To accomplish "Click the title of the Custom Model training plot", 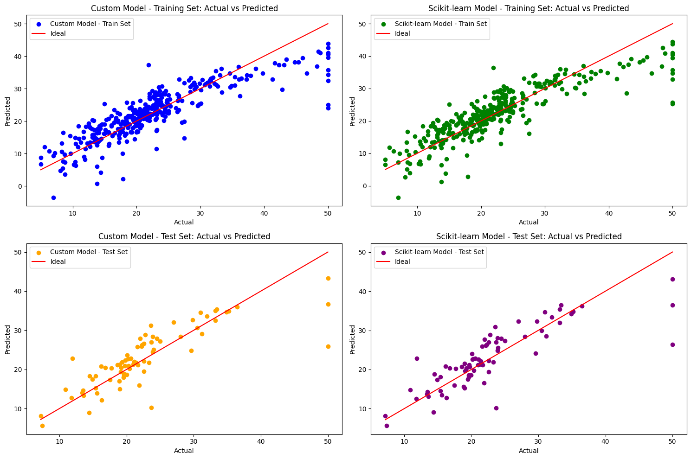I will pos(184,8).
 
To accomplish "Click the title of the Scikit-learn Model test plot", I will pos(529,236).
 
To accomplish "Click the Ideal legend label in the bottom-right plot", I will pos(402,261).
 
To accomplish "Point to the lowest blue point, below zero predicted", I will pos(53,198).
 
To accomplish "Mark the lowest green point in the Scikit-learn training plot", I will pos(398,198).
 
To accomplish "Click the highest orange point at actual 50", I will pos(328,278).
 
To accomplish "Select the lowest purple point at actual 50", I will pos(672,344).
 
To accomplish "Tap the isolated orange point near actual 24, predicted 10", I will pos(151,408).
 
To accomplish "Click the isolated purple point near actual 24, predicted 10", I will pos(496,408).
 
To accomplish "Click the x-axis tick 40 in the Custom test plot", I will pos(261,441).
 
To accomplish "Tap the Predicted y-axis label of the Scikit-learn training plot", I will pos(352,111).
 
